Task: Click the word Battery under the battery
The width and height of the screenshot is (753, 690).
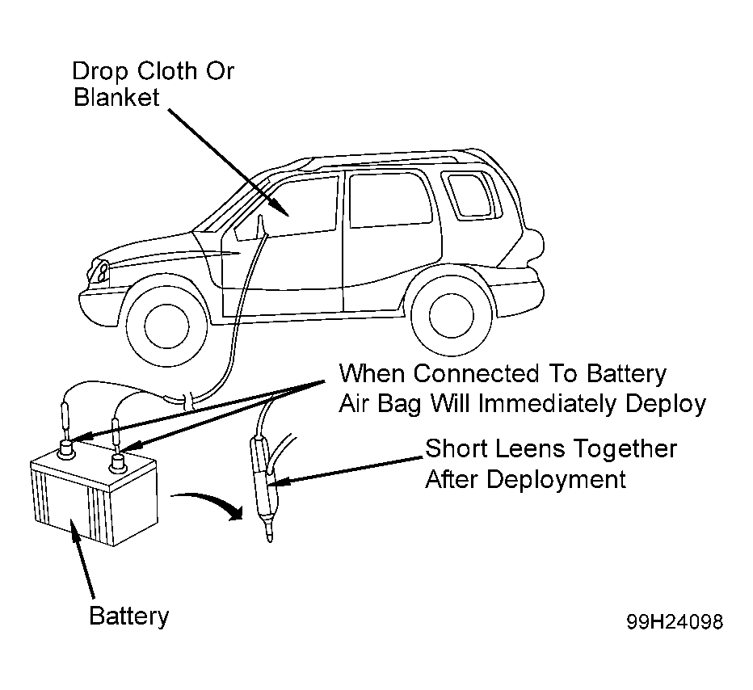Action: click(x=129, y=616)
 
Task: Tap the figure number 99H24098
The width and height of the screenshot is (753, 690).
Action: click(x=675, y=622)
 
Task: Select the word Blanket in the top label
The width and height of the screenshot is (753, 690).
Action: click(x=116, y=97)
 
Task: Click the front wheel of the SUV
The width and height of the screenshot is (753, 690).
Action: click(x=166, y=326)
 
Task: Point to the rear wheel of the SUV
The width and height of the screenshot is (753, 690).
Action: click(x=452, y=315)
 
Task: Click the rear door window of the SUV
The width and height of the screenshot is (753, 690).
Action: click(x=390, y=200)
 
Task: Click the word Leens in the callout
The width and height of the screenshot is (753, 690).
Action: click(x=530, y=449)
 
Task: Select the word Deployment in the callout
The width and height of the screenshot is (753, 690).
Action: click(x=556, y=480)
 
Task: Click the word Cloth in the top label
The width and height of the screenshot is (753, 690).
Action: click(x=167, y=71)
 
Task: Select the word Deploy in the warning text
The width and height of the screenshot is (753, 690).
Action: click(x=666, y=405)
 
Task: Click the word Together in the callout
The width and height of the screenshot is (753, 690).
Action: click(x=625, y=450)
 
